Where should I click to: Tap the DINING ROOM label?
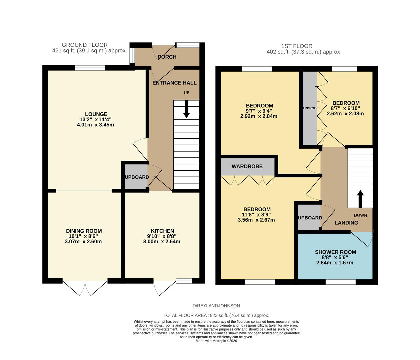pyautogui.click(x=84, y=231)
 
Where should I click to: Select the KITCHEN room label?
pyautogui.click(x=162, y=231)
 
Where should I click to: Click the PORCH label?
pyautogui.click(x=167, y=57)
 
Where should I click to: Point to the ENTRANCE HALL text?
pyautogui.click(x=174, y=83)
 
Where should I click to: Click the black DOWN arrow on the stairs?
pyautogui.click(x=360, y=199)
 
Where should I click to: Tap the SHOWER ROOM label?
pyautogui.click(x=335, y=252)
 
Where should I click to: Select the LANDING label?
pyautogui.click(x=346, y=223)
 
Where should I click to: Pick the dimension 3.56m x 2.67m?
pyautogui.click(x=256, y=220)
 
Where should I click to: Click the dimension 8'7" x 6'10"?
pyautogui.click(x=346, y=108)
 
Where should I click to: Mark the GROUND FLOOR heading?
pyautogui.click(x=85, y=45)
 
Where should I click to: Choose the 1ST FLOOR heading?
pyautogui.click(x=297, y=46)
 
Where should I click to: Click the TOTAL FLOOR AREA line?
pyautogui.click(x=216, y=315)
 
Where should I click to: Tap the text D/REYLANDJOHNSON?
pyautogui.click(x=216, y=306)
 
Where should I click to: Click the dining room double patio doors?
pyautogui.click(x=85, y=287)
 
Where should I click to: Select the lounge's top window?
pyautogui.click(x=90, y=68)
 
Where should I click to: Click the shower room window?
pyautogui.click(x=340, y=282)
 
